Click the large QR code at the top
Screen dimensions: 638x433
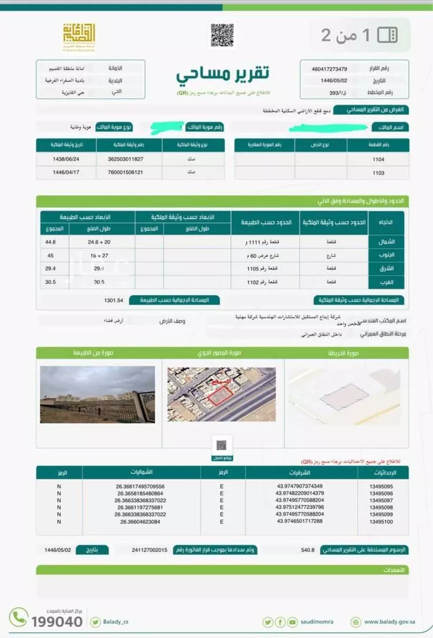[222, 35]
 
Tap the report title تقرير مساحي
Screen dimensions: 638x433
[222, 74]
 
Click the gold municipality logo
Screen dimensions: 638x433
[79, 36]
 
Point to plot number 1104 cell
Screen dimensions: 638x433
[378, 159]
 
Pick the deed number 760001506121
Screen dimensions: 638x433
[125, 173]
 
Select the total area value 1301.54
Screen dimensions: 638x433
[114, 300]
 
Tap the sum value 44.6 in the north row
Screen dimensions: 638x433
[51, 241]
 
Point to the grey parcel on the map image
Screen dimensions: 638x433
[344, 397]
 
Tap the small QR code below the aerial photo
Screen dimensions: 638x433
[222, 445]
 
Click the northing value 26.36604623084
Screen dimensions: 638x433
[140, 521]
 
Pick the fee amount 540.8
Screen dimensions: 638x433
[308, 550]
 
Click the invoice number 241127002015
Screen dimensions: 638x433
[149, 550]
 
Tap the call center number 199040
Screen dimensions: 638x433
[57, 621]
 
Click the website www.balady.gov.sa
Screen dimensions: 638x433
[390, 622]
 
